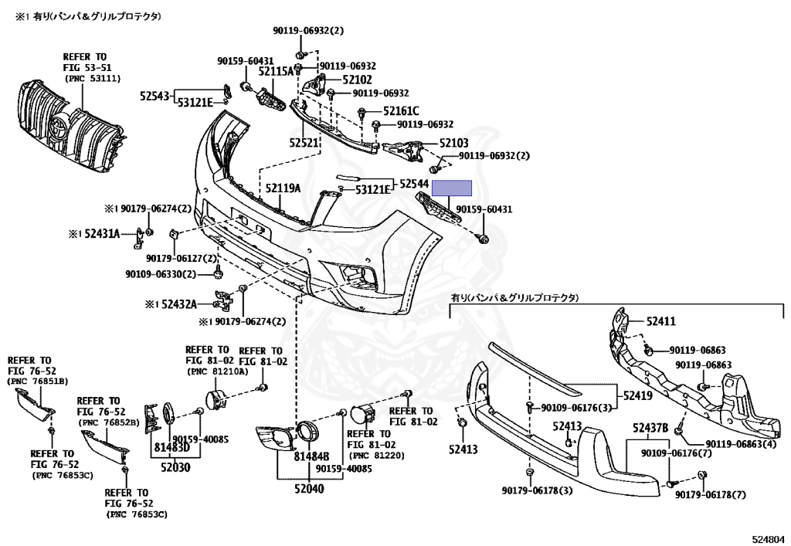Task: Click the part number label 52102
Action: point(357,80)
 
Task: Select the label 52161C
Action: point(401,111)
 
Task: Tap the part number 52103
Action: point(453,143)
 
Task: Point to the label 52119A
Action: point(283,188)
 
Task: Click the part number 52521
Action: point(304,143)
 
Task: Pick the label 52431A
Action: point(102,233)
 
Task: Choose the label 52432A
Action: point(178,304)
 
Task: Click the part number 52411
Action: point(661,321)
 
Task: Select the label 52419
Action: point(638,395)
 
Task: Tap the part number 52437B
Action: point(650,429)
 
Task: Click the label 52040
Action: point(309,489)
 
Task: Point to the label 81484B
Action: point(312,456)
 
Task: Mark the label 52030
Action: point(175,467)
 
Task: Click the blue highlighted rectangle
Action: point(452,188)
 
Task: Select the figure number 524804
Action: point(769,540)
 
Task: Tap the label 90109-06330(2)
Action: point(161,274)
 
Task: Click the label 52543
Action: point(154,96)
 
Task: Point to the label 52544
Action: point(414,184)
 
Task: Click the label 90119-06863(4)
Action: point(741,444)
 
